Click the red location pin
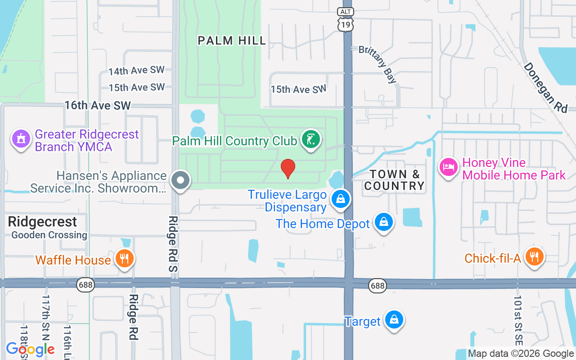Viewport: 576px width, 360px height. click(288, 168)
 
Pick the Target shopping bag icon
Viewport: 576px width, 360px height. click(394, 320)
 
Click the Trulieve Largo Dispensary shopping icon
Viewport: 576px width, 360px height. click(341, 198)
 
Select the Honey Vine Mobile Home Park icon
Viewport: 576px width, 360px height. click(449, 167)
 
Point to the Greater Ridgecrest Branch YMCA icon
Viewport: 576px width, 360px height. click(21, 139)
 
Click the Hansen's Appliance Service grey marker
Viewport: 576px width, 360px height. click(181, 180)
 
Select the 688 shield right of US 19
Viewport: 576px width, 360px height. click(378, 285)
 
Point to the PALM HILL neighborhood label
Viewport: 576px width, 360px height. click(232, 40)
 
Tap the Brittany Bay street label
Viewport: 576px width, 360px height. click(378, 64)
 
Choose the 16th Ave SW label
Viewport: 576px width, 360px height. click(97, 105)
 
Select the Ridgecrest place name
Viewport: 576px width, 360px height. click(42, 221)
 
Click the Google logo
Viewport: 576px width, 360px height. click(30, 349)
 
